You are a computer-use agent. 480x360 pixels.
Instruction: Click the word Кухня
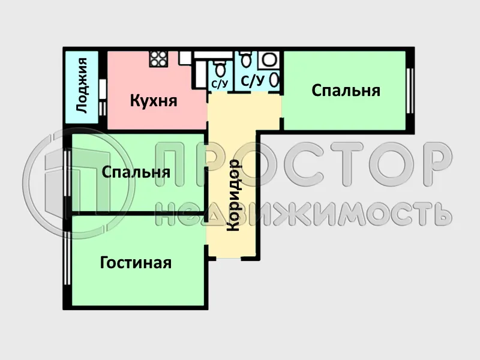point(154,100)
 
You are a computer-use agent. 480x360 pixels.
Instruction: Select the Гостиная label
point(136,263)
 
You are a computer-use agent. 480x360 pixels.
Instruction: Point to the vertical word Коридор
point(233,195)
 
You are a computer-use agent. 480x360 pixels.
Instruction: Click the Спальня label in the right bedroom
point(346,91)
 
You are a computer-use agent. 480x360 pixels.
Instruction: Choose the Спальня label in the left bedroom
point(136,172)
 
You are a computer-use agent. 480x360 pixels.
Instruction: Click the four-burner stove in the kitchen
point(158,58)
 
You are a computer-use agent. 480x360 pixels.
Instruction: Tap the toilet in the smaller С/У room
point(218,68)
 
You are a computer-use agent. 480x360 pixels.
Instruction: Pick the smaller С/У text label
point(219,84)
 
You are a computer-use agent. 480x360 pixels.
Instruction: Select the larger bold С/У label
point(252,80)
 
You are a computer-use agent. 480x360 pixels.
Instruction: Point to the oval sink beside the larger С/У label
point(275,79)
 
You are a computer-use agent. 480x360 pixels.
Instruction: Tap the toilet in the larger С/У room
point(245,61)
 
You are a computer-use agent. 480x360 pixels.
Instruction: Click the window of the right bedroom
point(410,90)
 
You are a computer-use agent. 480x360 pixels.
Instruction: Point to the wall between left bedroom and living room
point(138,213)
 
